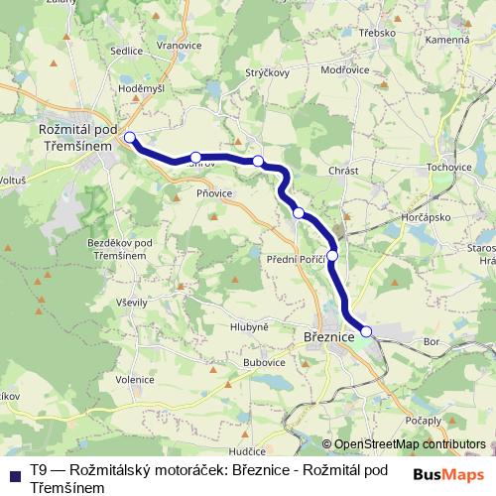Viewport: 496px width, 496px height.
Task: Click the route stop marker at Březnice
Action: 366,331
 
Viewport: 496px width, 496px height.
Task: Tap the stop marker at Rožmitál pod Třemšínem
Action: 129,137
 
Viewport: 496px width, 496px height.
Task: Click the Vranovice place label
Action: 180,46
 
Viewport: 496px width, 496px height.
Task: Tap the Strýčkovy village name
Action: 267,73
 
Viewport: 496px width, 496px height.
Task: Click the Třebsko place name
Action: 378,32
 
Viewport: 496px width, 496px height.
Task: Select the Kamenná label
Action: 448,39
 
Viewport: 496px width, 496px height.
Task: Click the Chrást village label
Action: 342,171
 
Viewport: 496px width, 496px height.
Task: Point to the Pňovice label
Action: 214,193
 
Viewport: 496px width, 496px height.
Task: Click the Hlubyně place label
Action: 249,326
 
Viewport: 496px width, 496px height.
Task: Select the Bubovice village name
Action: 265,363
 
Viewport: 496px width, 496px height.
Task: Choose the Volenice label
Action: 135,377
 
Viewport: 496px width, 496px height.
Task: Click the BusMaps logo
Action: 443,474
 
